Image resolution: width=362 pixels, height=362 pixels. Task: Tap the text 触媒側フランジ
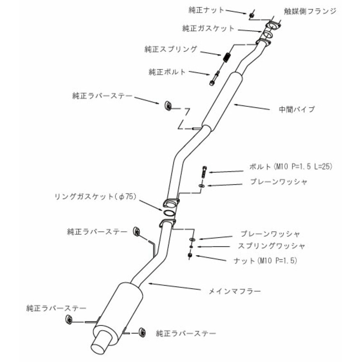310,11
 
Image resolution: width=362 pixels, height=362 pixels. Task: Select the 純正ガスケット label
208,28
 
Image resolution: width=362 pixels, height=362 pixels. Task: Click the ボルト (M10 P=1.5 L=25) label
291,166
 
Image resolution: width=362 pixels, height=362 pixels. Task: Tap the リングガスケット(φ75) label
95,197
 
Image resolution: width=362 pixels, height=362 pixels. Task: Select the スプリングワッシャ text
271,246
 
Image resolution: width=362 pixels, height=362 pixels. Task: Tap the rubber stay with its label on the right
142,333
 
